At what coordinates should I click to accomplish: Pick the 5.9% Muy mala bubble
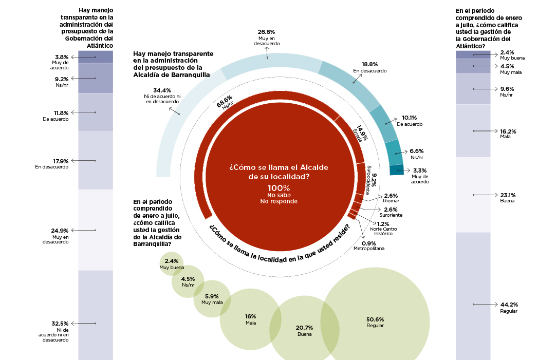click(212, 299)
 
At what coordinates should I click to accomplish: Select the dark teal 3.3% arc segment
click(397, 170)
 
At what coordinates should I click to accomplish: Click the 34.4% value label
click(154, 90)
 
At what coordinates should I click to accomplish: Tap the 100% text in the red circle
click(279, 187)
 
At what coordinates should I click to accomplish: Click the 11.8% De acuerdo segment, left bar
click(96, 112)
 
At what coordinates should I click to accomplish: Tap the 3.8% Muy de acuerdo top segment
click(96, 56)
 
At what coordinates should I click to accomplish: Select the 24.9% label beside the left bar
click(61, 231)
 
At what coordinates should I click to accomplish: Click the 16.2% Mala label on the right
click(508, 131)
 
